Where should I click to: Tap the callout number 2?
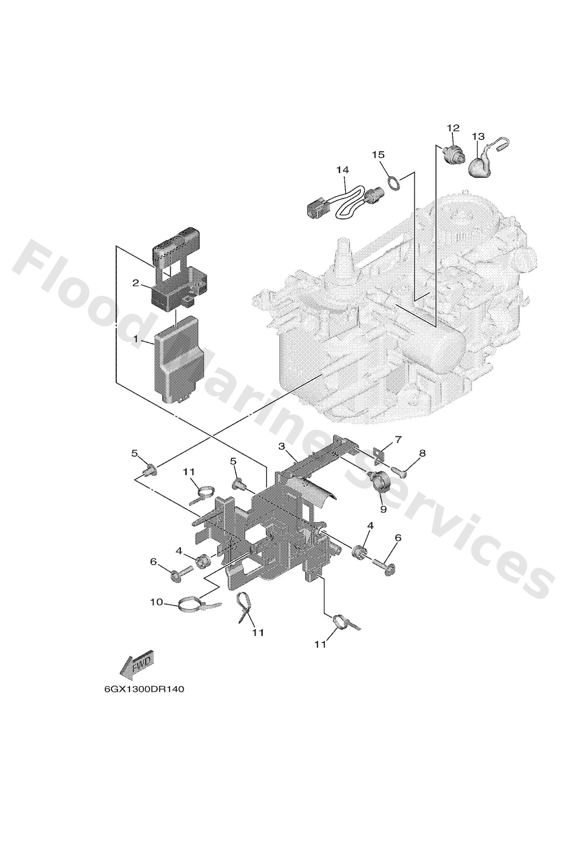[136, 283]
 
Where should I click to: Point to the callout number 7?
[398, 440]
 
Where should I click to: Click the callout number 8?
[422, 453]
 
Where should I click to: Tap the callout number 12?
[453, 128]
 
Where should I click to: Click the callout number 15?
[378, 155]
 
